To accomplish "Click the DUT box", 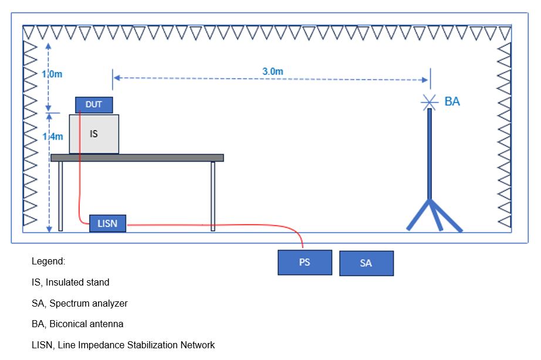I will pyautogui.click(x=94, y=105).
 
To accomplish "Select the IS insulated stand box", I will pyautogui.click(x=94, y=134).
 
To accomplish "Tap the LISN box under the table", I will pyautogui.click(x=107, y=223).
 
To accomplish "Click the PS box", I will pyautogui.click(x=305, y=262).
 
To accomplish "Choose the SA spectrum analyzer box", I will pyautogui.click(x=366, y=263).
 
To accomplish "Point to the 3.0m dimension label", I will pyautogui.click(x=273, y=72).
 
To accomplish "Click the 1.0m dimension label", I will pyautogui.click(x=52, y=74).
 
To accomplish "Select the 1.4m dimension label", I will pyautogui.click(x=52, y=136).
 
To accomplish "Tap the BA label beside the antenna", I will pyautogui.click(x=452, y=101).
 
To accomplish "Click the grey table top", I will pyautogui.click(x=137, y=157).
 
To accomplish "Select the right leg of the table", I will pyautogui.click(x=213, y=196).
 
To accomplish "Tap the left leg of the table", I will pyautogui.click(x=60, y=196).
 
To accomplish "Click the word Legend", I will pyautogui.click(x=48, y=261).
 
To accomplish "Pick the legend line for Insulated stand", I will pyautogui.click(x=70, y=282).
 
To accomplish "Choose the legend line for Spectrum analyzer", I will pyautogui.click(x=79, y=303).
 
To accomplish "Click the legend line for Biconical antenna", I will pyautogui.click(x=77, y=324).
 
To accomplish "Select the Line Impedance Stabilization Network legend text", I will pyautogui.click(x=123, y=345).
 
